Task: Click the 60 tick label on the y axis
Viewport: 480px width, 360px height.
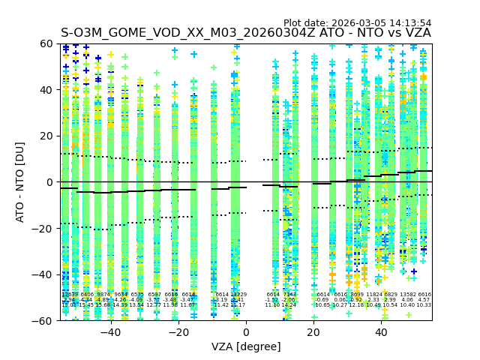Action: tap(46, 43)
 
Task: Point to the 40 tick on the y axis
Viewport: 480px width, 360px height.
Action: tap(46, 90)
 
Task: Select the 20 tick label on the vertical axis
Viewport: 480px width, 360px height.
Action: tap(46, 136)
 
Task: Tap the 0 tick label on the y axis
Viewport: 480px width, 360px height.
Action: tap(49, 182)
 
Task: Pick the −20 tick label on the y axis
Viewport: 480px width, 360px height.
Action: tap(43, 229)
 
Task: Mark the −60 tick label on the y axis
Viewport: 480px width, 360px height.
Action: tap(43, 321)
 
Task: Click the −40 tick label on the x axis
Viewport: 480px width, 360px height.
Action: tap(110, 331)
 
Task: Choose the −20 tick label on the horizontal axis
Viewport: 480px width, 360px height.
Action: tap(178, 331)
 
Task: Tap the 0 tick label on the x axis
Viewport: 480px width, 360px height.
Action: tap(246, 331)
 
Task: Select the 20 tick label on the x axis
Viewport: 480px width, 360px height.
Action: tap(313, 331)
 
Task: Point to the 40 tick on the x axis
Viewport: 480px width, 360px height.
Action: tap(381, 331)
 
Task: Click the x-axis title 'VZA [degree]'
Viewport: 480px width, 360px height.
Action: tap(246, 346)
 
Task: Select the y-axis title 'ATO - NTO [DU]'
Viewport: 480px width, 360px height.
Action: tap(21, 182)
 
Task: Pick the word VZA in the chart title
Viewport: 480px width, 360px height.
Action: tap(416, 33)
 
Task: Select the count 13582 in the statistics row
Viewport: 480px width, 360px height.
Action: tap(408, 295)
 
